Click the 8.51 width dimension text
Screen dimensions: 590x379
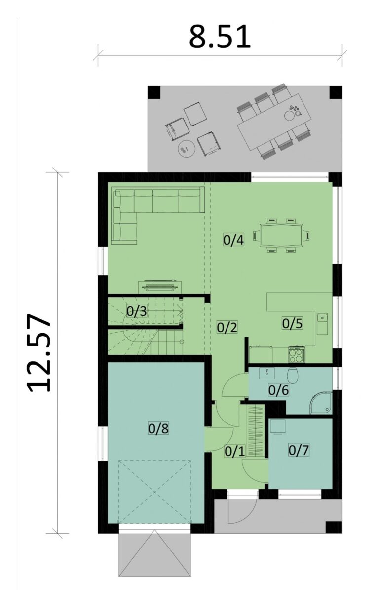pos(220,38)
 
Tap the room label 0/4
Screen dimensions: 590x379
pos(233,240)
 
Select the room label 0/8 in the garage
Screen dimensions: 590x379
pos(158,428)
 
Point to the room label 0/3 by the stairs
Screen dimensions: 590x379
pos(136,311)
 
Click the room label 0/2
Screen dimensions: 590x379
pos(227,327)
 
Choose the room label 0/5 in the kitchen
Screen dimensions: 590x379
pos(292,323)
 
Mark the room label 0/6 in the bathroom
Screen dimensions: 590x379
pos(278,390)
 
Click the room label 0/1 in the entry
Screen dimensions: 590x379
pos(235,451)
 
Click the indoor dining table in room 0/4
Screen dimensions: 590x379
pos(279,235)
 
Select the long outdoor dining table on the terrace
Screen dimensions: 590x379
pos(274,122)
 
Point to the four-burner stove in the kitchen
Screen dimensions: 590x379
pos(297,354)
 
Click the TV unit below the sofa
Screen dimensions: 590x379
pos(159,286)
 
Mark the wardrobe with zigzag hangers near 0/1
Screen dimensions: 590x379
pos(256,431)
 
